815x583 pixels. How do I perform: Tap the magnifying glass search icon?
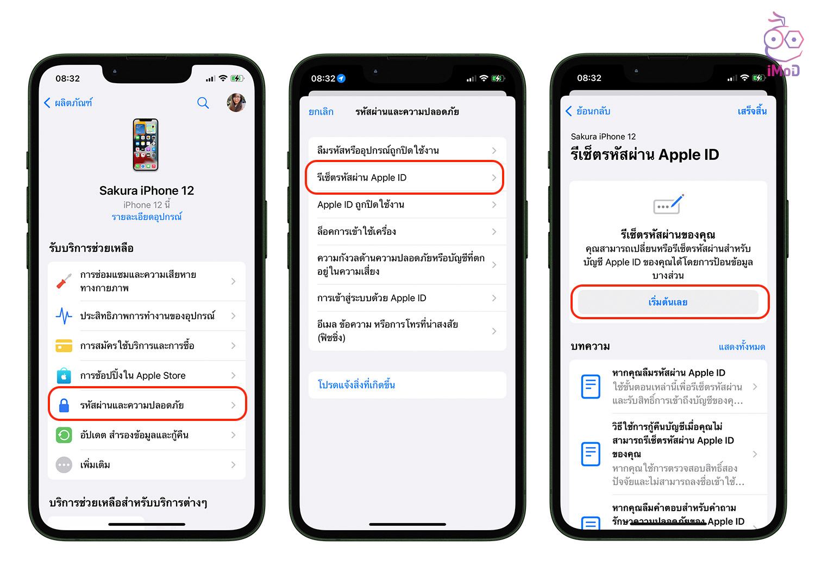point(203,103)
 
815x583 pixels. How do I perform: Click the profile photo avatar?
point(236,102)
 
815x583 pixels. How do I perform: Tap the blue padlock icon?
point(64,405)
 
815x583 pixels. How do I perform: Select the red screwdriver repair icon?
point(64,281)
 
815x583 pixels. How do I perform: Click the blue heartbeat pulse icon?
point(64,316)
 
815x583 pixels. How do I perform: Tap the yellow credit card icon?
point(64,345)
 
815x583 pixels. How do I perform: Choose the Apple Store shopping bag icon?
point(64,375)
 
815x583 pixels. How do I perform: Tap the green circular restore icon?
point(64,435)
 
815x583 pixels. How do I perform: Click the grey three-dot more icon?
point(64,465)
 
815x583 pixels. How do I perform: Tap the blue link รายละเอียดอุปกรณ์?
point(147,217)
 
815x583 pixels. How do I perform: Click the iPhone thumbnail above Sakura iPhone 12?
point(146,145)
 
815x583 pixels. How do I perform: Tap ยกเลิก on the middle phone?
point(321,112)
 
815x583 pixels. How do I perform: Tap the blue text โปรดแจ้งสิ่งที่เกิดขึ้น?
point(356,385)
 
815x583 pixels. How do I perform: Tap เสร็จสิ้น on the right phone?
point(752,111)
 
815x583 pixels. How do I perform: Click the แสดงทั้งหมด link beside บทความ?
point(742,346)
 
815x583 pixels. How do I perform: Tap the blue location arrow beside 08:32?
point(341,78)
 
